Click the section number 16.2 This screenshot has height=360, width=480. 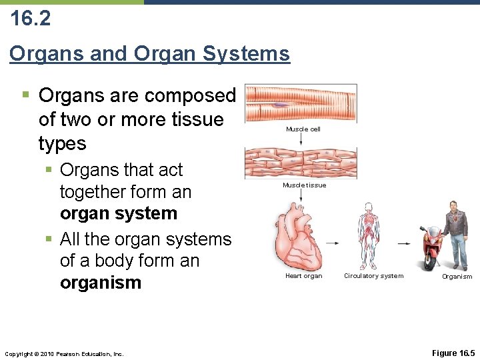30,18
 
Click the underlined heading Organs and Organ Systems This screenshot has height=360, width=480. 150,53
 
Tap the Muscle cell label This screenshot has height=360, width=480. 303,129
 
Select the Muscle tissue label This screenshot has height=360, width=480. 304,185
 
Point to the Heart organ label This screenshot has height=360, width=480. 303,276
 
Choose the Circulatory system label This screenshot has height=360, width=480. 373,276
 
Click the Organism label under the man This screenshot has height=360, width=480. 457,277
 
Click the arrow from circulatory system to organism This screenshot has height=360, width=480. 404,244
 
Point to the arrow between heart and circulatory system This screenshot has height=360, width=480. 333,244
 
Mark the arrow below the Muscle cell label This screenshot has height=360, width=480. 301,140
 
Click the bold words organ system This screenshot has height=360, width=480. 119,214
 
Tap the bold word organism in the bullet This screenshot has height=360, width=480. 101,283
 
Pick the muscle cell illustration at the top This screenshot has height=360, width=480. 301,103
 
